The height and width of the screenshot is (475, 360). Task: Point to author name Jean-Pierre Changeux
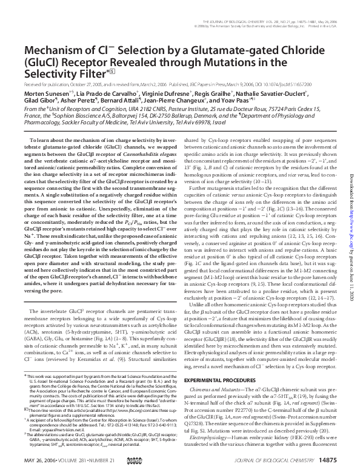coord(204,112)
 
